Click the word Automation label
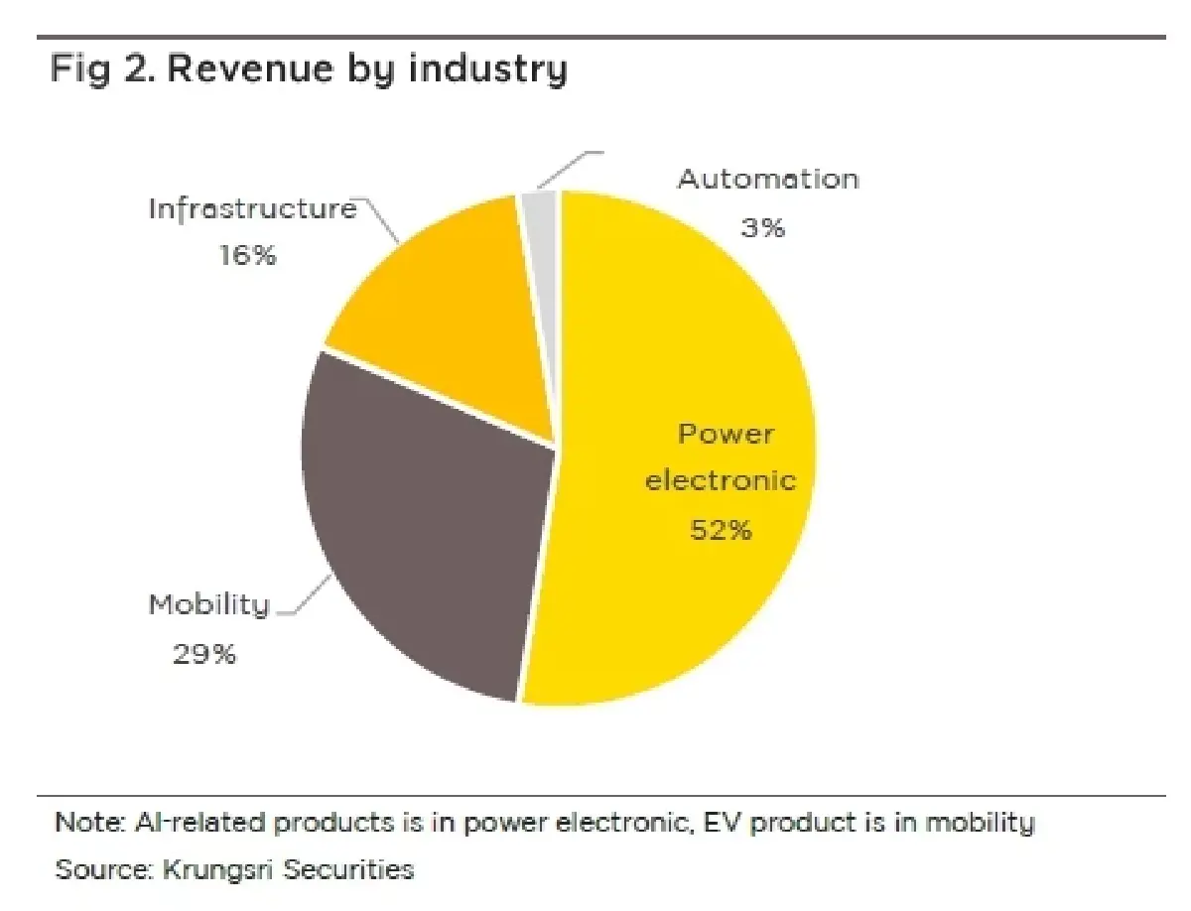(768, 179)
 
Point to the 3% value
(763, 227)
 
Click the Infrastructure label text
(253, 209)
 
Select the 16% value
(248, 254)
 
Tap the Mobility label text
(209, 604)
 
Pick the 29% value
(204, 654)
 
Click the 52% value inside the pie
(722, 530)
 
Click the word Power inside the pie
(726, 434)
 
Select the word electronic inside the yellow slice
(721, 480)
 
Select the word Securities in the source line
(349, 869)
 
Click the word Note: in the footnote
(90, 822)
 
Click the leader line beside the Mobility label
(304, 596)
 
